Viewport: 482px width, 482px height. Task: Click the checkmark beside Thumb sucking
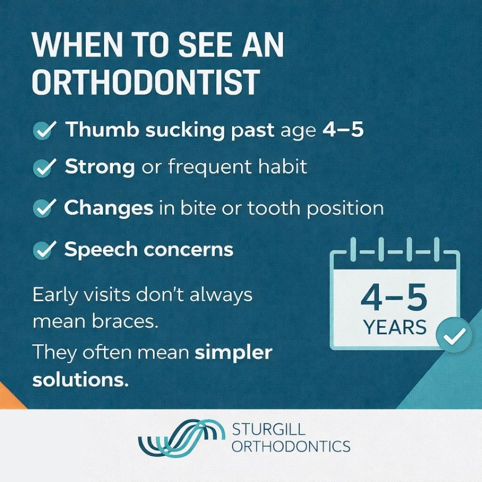(x=44, y=131)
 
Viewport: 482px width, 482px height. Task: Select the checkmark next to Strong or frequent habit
(x=44, y=168)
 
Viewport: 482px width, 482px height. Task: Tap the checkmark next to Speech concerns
(x=44, y=250)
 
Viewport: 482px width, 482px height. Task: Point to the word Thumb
(x=98, y=129)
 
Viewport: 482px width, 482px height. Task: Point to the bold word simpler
(x=233, y=353)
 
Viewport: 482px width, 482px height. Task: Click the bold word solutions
(x=80, y=380)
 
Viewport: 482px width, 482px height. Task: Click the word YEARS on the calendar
(x=395, y=328)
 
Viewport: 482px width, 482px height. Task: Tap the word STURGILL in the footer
(x=269, y=430)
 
